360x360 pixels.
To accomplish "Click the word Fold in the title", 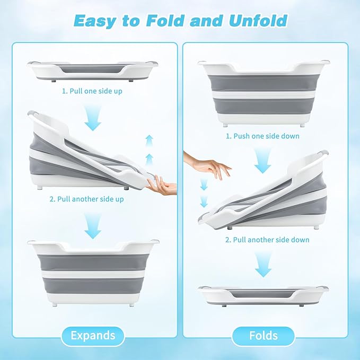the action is (x=165, y=21).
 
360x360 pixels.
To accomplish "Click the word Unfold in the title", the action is (x=258, y=21).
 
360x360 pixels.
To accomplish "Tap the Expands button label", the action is (x=93, y=336).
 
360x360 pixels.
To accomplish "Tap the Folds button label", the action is (x=264, y=336).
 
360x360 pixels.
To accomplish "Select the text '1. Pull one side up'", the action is (x=92, y=91).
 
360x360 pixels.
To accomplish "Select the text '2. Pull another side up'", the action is (x=87, y=199).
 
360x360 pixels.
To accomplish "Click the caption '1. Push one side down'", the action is (x=262, y=136).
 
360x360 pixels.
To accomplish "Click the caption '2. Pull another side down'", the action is (x=267, y=240).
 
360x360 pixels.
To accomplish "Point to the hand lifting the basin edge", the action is (x=162, y=186).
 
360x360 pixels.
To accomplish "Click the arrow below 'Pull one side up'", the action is (x=93, y=118).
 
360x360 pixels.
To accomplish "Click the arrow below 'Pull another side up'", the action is (x=93, y=226).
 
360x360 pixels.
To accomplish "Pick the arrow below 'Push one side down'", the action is (x=263, y=161).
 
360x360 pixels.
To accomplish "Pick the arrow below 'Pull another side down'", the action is (x=263, y=264).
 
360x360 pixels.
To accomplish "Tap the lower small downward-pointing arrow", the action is (x=204, y=201).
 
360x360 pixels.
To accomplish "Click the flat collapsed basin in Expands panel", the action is (x=93, y=71).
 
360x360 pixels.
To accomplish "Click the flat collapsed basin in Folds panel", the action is (x=263, y=296).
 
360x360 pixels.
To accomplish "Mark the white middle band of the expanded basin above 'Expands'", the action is (x=93, y=274).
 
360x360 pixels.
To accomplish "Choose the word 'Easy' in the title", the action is (x=95, y=21).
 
